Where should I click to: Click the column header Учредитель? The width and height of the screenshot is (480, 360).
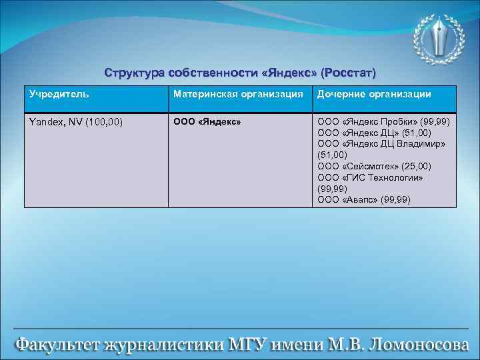pos(59,95)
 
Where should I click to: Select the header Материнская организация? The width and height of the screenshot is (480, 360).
pos(238,95)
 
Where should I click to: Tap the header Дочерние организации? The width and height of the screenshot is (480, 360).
pos(374,95)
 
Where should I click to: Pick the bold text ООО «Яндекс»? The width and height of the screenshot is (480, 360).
pos(207,123)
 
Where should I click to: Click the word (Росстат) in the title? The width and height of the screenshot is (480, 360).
pos(348,72)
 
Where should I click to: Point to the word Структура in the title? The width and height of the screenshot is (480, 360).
pos(136,72)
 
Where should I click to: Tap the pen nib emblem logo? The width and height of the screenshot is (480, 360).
pos(436,38)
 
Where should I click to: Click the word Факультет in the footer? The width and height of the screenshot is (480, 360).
pos(56,345)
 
